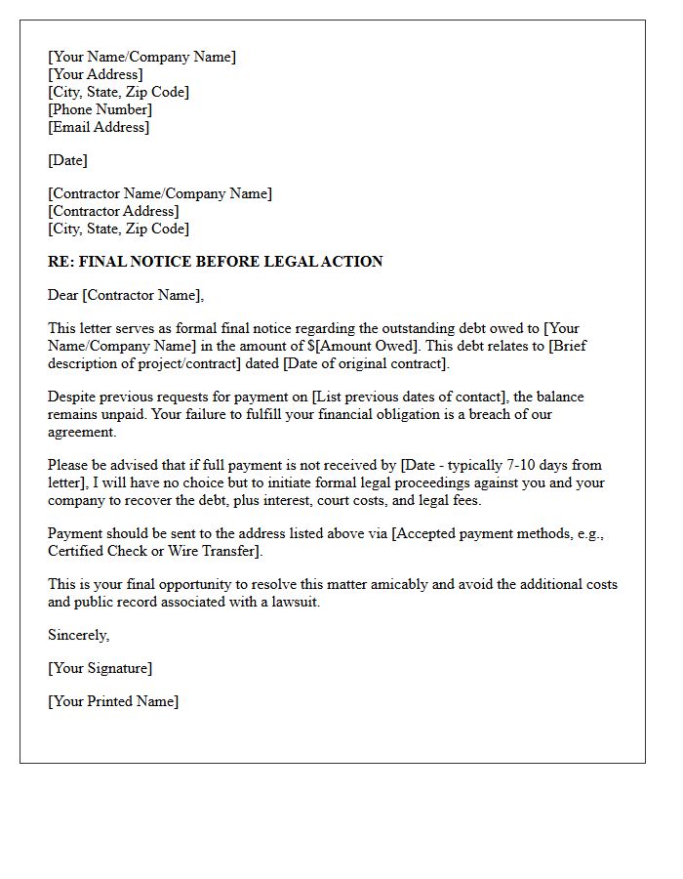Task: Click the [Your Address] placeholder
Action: [95, 74]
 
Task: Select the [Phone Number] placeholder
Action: [100, 109]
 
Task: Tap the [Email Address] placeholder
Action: [99, 127]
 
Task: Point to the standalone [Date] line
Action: [67, 160]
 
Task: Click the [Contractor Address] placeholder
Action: [113, 211]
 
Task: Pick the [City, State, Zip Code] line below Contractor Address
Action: [118, 229]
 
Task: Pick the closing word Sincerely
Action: [78, 635]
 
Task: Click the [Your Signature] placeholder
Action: [100, 668]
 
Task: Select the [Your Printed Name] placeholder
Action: [113, 701]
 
